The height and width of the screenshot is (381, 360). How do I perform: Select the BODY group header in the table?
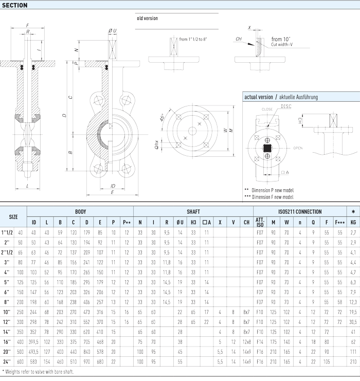(80, 211)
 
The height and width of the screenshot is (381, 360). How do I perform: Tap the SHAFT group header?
(193, 211)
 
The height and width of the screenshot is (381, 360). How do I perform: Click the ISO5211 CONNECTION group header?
(300, 211)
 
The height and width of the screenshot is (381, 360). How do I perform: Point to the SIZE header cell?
(13, 216)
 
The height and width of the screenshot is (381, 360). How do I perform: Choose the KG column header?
(352, 222)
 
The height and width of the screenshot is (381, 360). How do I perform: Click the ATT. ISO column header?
(260, 222)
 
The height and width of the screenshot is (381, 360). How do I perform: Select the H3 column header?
(193, 222)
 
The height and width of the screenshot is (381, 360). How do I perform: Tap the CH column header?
(246, 222)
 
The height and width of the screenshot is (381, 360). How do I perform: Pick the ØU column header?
(180, 222)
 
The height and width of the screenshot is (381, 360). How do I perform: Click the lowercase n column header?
(300, 222)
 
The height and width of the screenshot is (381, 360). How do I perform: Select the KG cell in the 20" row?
(352, 351)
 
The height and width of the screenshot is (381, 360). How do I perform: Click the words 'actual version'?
(258, 97)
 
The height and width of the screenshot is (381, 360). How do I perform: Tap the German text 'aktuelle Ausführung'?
(299, 97)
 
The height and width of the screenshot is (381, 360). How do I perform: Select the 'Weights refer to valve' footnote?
(39, 371)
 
